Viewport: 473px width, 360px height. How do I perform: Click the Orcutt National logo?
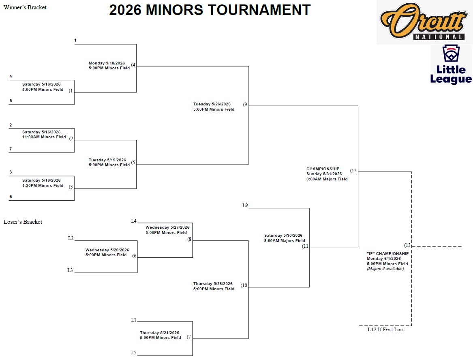point(424,22)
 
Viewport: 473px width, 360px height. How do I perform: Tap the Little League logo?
point(451,65)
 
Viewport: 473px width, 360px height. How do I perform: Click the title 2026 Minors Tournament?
point(210,10)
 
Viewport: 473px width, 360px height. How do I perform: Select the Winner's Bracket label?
point(25,7)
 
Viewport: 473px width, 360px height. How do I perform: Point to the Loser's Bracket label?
point(23,222)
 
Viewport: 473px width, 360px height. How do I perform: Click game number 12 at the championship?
point(354,171)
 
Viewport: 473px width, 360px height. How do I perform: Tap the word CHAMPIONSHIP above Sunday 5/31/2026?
point(323,169)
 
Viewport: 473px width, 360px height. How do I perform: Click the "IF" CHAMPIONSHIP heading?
point(387,254)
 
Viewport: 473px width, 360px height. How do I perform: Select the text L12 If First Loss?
point(386,330)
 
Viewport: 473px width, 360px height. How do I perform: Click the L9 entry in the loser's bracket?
point(245,206)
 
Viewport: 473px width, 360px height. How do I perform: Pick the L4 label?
point(134,221)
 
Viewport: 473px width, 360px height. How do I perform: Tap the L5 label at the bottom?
point(134,353)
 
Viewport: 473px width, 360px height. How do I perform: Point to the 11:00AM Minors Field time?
point(44,137)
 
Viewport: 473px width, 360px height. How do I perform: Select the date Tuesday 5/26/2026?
point(212,104)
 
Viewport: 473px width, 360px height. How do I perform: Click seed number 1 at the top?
point(75,41)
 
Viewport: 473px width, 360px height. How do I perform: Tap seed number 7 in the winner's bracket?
point(11,149)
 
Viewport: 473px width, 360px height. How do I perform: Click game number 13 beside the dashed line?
point(407,245)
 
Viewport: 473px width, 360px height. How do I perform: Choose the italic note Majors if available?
point(385,269)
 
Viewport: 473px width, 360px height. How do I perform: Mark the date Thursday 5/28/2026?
point(213,284)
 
